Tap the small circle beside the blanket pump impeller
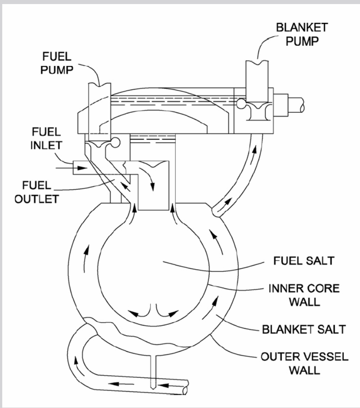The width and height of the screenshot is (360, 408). [x=241, y=104]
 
